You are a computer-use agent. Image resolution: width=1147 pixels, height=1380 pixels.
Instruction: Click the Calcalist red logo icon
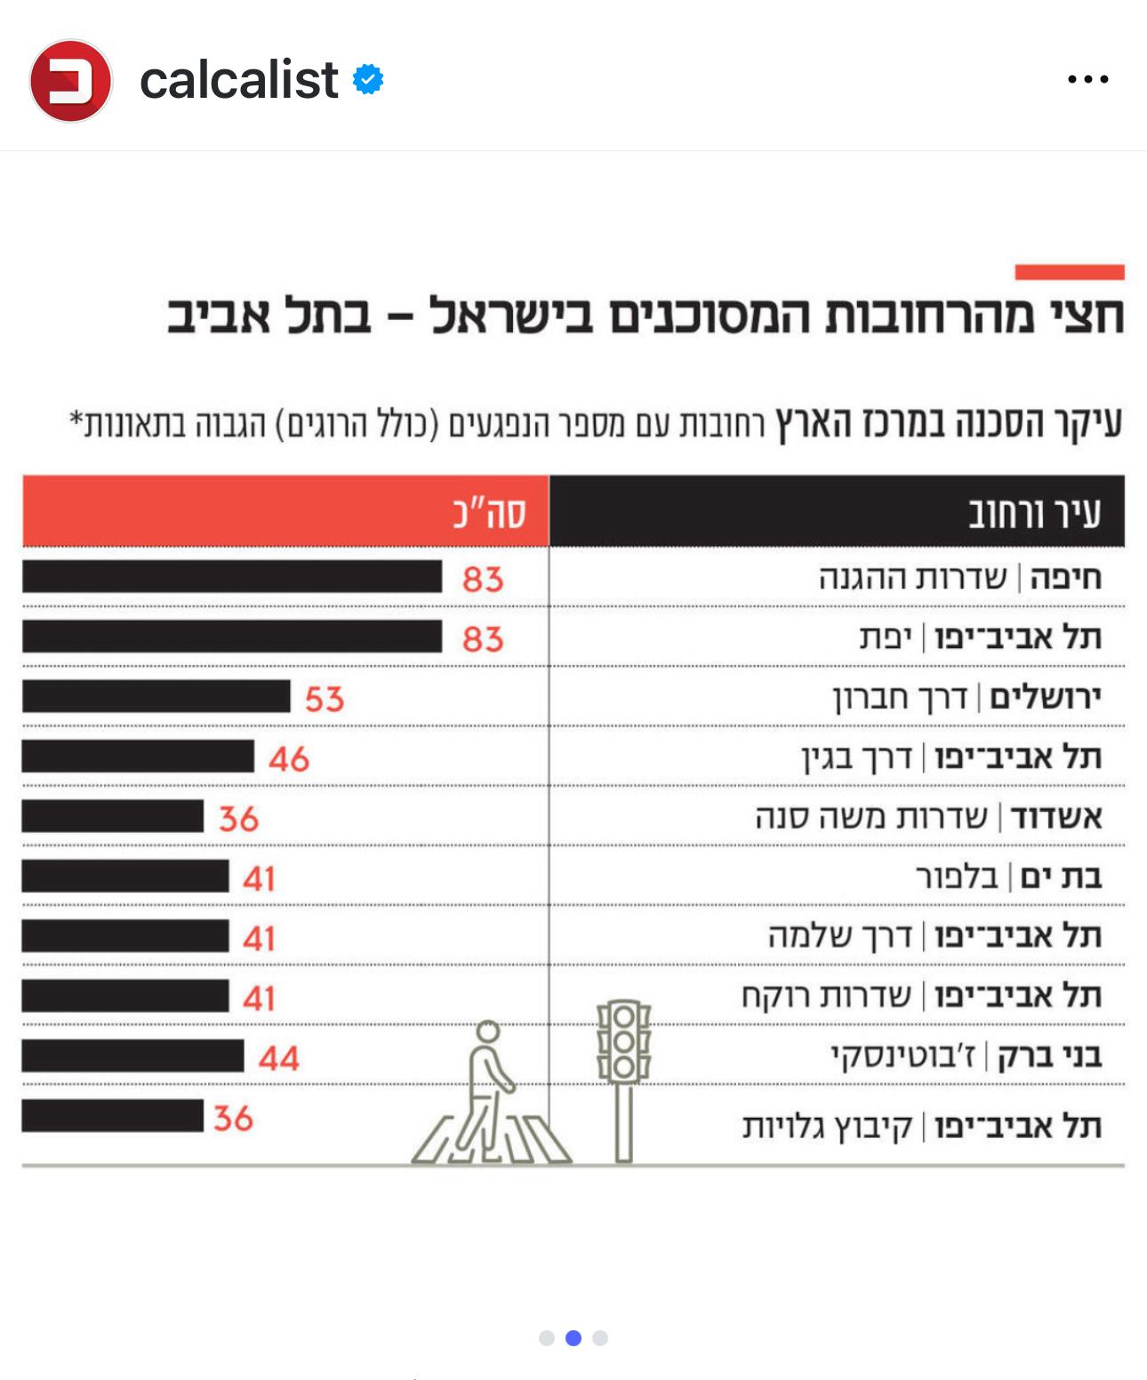click(x=70, y=81)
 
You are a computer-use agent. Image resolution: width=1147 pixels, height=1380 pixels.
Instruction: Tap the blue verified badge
click(x=368, y=80)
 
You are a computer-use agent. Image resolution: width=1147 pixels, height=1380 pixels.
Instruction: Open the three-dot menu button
click(x=1087, y=80)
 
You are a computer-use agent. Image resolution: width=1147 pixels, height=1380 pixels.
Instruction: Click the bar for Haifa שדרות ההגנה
click(x=232, y=577)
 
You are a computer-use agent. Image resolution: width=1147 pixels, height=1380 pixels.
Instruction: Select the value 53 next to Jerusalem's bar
click(x=324, y=699)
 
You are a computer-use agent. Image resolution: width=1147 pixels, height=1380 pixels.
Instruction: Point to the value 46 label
click(x=289, y=759)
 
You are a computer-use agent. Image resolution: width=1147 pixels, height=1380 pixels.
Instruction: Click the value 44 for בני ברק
click(x=278, y=1058)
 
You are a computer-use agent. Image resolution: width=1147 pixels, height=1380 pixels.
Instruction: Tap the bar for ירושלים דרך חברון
click(x=156, y=697)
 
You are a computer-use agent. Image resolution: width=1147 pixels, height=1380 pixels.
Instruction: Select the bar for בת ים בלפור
click(x=125, y=877)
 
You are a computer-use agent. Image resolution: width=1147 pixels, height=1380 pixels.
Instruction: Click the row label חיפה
click(x=1065, y=578)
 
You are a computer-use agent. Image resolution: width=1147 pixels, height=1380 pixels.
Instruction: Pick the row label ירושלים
click(x=1045, y=697)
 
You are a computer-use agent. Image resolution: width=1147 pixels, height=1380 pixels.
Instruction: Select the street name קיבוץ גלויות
click(x=828, y=1127)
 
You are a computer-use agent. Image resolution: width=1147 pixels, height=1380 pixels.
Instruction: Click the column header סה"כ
click(x=489, y=514)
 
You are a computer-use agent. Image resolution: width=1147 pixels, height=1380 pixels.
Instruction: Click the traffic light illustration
click(x=623, y=1076)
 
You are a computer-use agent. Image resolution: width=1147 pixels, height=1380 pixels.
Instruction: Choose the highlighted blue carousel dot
click(x=573, y=1337)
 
